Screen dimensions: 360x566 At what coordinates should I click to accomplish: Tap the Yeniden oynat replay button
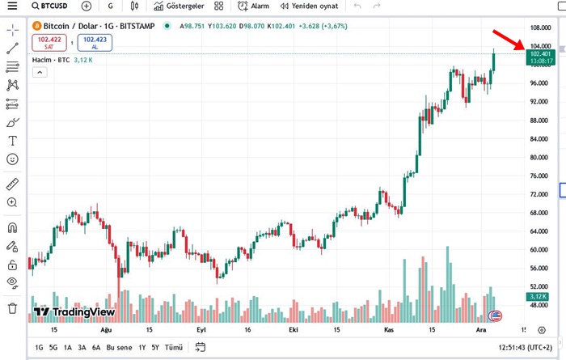pos(310,6)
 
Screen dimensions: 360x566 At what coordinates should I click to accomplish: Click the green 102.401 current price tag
pos(539,54)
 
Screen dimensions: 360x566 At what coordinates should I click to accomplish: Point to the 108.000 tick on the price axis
pos(540,28)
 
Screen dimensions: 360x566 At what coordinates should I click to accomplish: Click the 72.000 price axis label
pos(540,194)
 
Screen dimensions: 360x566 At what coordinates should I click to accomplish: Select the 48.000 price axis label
pos(540,305)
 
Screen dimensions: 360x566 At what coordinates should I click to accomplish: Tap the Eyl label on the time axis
pos(201,330)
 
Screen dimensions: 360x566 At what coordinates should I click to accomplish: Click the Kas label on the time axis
pos(389,330)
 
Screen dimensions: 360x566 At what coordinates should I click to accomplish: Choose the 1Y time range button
pos(142,347)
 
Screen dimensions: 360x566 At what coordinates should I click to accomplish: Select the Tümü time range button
pos(173,347)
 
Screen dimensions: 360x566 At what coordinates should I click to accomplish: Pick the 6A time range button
pos(96,347)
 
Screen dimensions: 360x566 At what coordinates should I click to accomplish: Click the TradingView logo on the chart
pos(72,311)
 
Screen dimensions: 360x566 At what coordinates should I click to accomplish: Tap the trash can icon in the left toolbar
pos(12,308)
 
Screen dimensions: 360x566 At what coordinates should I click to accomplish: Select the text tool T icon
pos(12,141)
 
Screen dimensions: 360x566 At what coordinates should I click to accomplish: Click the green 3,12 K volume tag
pos(539,297)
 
